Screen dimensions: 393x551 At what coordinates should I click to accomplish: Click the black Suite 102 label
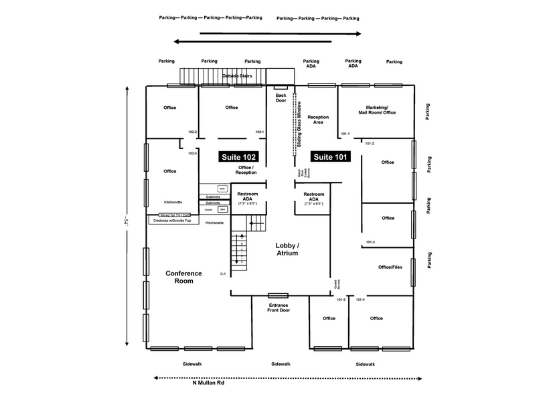[x=239, y=156]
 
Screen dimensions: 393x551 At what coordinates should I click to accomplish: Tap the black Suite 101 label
[x=330, y=156]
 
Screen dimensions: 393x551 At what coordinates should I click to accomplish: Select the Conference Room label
[x=179, y=277]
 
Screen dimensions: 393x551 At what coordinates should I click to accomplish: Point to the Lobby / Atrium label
[x=287, y=249]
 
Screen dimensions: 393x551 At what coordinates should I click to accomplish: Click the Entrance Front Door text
[x=279, y=307]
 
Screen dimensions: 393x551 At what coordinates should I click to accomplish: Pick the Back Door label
[x=281, y=98]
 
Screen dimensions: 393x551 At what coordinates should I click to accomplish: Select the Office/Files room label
[x=388, y=267]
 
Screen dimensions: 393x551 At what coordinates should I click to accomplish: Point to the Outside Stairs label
[x=237, y=76]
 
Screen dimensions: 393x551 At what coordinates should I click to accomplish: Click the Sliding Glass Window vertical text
[x=299, y=126]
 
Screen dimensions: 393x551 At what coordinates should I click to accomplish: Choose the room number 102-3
[x=192, y=154]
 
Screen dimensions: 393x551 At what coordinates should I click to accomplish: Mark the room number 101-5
[x=341, y=299]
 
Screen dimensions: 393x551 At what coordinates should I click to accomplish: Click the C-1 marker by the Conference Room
[x=223, y=274]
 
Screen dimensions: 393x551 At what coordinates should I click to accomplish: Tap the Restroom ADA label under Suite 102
[x=248, y=198]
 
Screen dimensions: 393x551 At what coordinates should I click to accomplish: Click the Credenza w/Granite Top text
[x=172, y=220]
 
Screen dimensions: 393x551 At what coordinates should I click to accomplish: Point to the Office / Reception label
[x=246, y=170]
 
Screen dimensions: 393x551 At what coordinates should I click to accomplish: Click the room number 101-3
[x=370, y=242]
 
